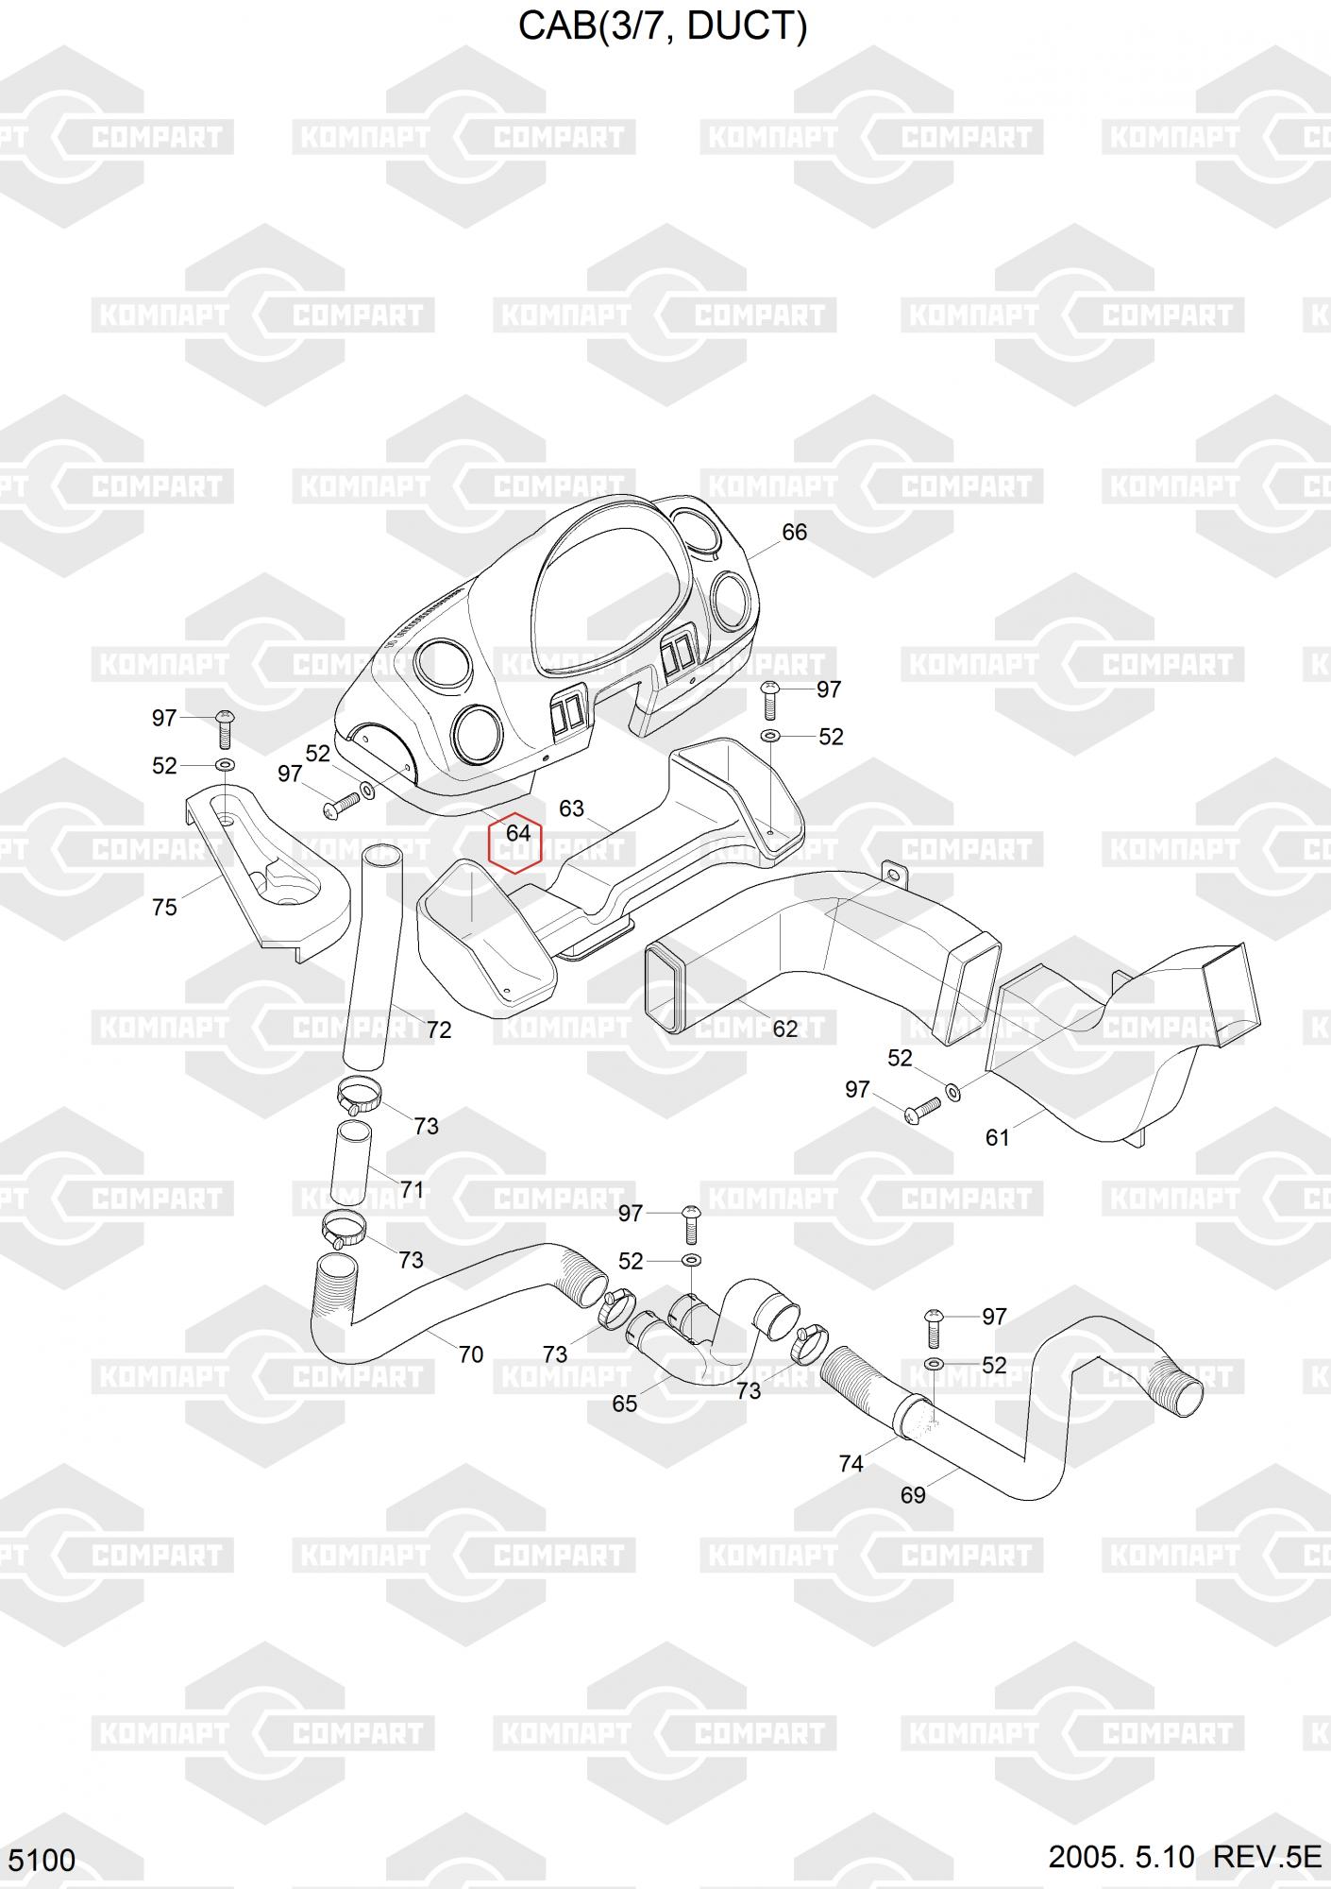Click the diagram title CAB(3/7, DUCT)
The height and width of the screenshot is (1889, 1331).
tap(664, 26)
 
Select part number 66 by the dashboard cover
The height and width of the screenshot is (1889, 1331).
tap(794, 532)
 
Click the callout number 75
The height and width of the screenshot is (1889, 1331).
tap(164, 907)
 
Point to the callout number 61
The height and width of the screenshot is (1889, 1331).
tap(998, 1137)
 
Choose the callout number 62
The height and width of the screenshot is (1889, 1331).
tap(785, 1029)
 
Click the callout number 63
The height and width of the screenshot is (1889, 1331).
tap(571, 808)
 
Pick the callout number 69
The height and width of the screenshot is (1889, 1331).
tap(913, 1495)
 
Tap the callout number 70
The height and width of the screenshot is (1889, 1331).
tap(470, 1354)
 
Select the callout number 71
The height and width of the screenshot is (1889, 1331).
tap(412, 1189)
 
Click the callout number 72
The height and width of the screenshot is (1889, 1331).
tap(439, 1030)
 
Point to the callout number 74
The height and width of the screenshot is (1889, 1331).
tap(851, 1463)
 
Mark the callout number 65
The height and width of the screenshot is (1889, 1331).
tap(624, 1404)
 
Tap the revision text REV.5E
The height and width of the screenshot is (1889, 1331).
tap(1267, 1857)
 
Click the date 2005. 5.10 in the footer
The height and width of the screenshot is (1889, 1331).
tap(1121, 1857)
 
